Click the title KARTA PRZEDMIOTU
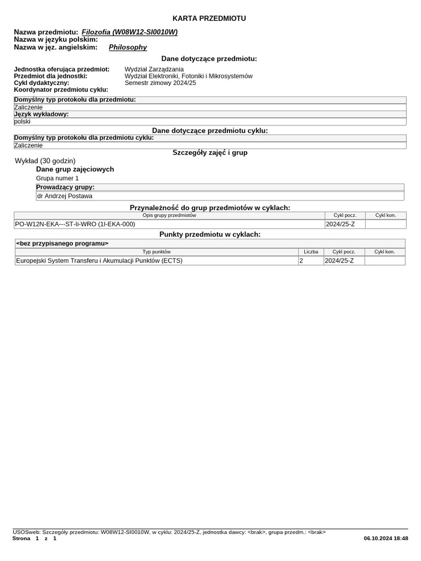209,19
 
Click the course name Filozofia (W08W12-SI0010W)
129,32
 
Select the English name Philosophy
128,47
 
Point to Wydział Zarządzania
154,69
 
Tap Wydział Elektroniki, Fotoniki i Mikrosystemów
189,76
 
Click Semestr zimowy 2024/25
160,83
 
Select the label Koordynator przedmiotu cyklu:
61,89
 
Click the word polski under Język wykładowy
22,122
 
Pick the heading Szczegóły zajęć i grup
210,152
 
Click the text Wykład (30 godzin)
45,161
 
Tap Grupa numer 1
58,178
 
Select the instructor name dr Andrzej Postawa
65,196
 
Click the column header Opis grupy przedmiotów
169,215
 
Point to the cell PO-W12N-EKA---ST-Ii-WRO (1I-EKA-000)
75,224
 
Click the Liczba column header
311,251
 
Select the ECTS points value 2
301,261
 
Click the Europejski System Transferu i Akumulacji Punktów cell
99,261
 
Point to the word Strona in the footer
21,539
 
